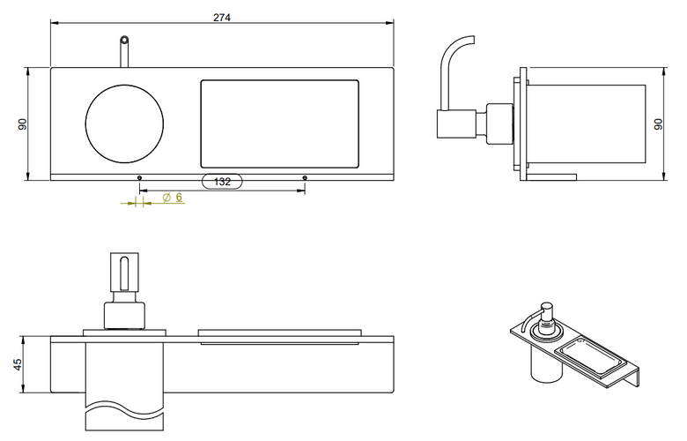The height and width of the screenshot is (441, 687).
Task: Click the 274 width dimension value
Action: (x=222, y=18)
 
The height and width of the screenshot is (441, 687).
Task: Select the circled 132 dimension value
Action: (x=222, y=181)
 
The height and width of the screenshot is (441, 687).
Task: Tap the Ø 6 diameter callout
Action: (x=172, y=198)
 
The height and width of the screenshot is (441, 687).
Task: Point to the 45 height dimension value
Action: (x=17, y=364)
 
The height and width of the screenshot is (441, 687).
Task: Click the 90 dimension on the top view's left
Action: (x=23, y=124)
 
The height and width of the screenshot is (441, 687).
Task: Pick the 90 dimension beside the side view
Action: (x=658, y=124)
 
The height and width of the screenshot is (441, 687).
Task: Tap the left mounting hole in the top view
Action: (x=139, y=177)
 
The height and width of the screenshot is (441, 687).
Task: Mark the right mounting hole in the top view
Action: (x=305, y=177)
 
